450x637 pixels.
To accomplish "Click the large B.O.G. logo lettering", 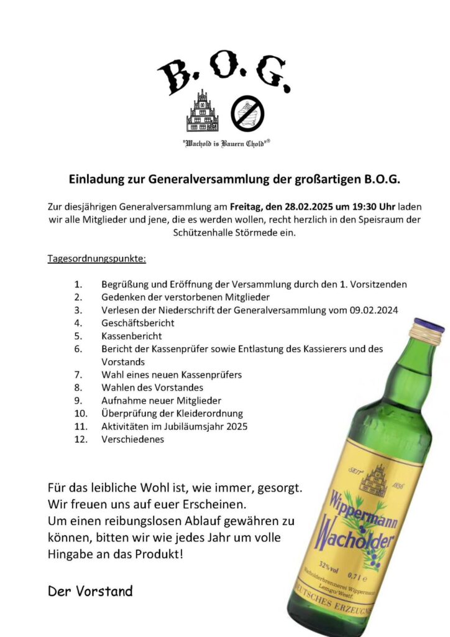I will [x=224, y=74].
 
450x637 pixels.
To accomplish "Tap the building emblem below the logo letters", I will [x=202, y=112].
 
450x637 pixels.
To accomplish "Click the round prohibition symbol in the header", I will [x=247, y=113].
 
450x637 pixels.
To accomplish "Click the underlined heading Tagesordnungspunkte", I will [x=97, y=258].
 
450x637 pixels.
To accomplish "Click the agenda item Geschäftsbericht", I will [x=137, y=323].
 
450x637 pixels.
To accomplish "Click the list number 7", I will [x=78, y=374].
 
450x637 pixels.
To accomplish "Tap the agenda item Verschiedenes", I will [x=132, y=439].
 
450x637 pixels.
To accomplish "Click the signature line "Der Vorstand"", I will [x=90, y=591].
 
